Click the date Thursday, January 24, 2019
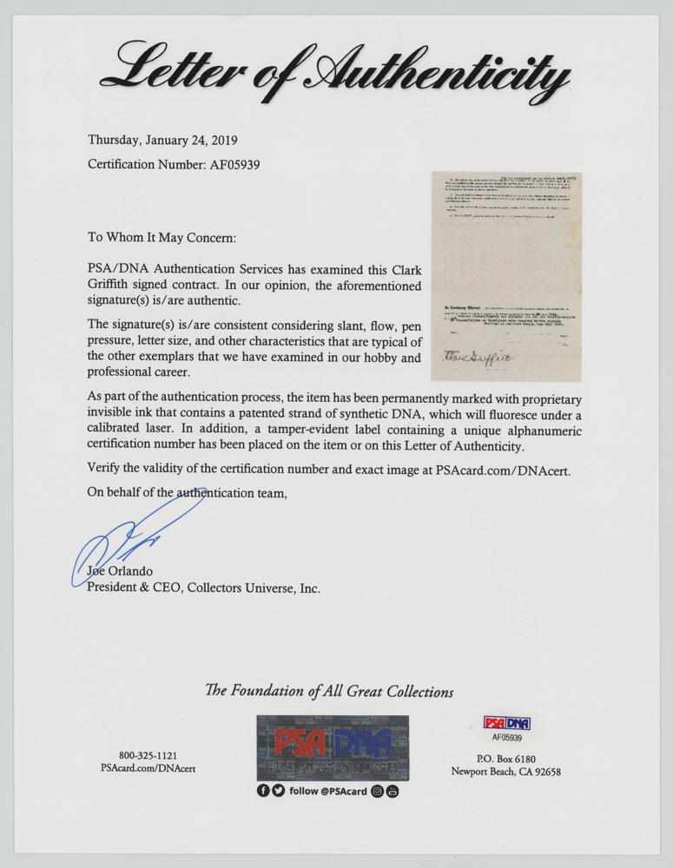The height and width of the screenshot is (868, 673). click(x=162, y=140)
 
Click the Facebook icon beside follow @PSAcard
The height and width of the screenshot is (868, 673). click(x=263, y=790)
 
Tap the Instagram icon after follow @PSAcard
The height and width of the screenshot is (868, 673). click(x=378, y=790)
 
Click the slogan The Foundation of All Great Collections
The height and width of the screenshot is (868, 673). click(x=329, y=692)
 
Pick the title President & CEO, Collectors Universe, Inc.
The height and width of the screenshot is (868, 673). click(x=204, y=589)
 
